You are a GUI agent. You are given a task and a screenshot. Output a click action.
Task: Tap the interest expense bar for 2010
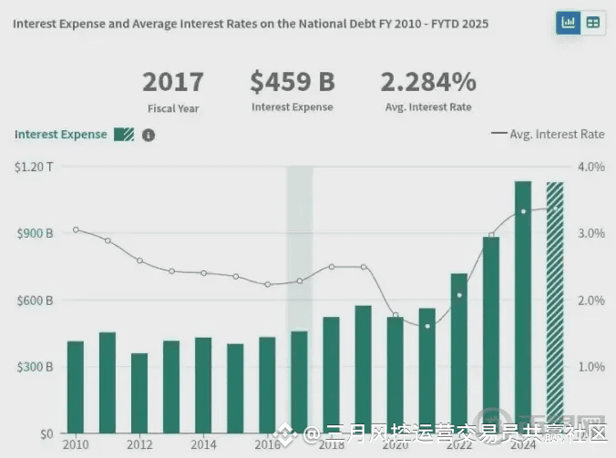(76, 386)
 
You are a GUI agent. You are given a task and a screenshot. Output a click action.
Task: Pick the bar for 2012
(139, 392)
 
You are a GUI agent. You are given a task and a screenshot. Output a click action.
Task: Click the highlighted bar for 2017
(299, 382)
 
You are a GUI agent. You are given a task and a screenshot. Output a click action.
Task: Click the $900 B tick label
(35, 233)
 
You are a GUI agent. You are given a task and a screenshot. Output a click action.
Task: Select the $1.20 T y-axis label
(35, 167)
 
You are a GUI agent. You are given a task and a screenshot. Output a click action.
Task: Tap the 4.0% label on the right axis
(591, 167)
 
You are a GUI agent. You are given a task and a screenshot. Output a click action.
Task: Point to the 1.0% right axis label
(591, 367)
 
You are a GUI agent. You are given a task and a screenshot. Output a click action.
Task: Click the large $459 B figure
(293, 82)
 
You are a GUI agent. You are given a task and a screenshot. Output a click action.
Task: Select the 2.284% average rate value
(428, 82)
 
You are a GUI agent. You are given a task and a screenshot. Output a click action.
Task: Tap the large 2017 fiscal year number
(173, 82)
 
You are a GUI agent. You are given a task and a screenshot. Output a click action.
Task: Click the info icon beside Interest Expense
(149, 135)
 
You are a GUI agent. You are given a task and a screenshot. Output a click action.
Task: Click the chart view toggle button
(569, 23)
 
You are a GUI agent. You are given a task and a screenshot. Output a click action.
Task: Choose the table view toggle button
(593, 23)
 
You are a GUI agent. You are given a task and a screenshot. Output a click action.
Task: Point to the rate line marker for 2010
(76, 229)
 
